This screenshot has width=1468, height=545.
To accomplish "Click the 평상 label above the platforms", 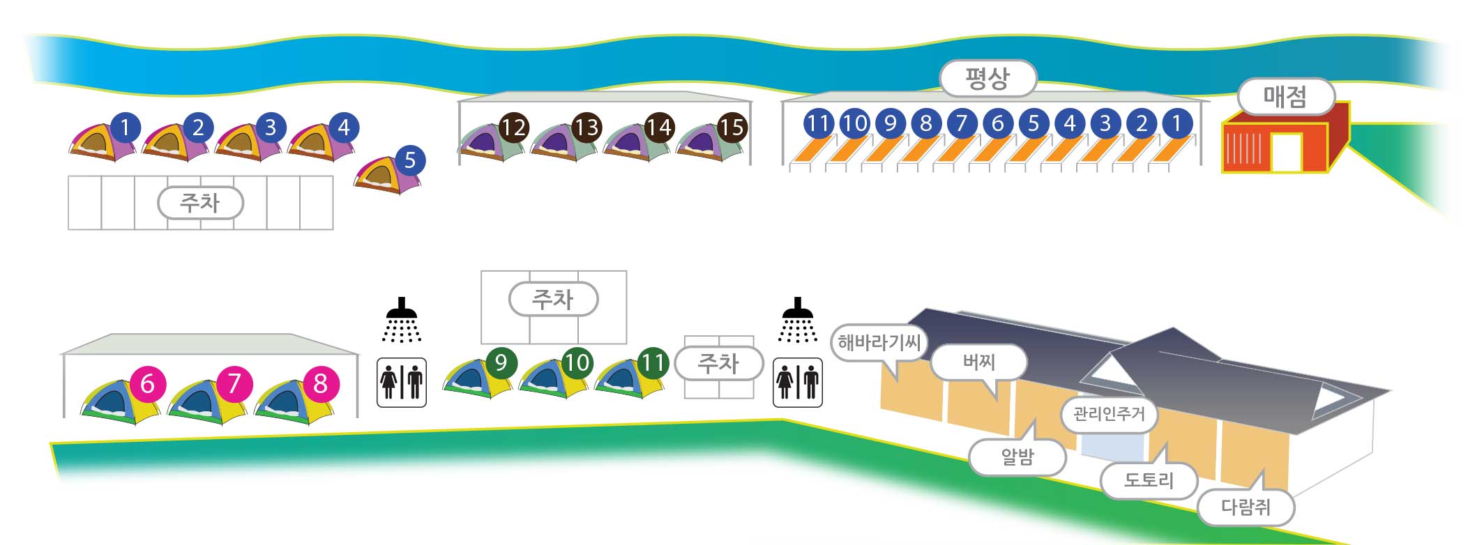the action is tap(988, 78).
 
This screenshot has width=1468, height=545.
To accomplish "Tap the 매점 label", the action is tap(1285, 96).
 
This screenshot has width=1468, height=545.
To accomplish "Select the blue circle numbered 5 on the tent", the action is tap(410, 160).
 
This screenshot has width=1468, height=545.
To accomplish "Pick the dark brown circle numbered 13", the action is tap(587, 128).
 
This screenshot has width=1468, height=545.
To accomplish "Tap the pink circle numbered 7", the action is tap(234, 383).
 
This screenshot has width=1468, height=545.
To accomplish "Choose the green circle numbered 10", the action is tap(577, 362).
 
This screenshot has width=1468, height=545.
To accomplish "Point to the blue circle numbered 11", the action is tap(818, 123).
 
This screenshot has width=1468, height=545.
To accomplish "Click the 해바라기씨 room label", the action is tap(880, 342).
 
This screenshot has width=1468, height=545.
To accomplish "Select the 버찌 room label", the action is tap(979, 362).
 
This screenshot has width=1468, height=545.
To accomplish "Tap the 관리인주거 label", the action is tap(1109, 414).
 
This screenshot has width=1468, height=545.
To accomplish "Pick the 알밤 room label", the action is tap(1017, 457).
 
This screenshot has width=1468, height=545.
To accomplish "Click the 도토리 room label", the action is tap(1149, 480).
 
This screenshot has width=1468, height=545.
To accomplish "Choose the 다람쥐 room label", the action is tap(1246, 507).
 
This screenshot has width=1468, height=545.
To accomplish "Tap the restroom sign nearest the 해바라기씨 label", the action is tap(798, 383).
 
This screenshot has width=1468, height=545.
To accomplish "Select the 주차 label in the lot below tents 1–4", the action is tap(201, 203).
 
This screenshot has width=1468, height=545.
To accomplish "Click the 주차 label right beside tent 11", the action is tap(719, 363).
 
